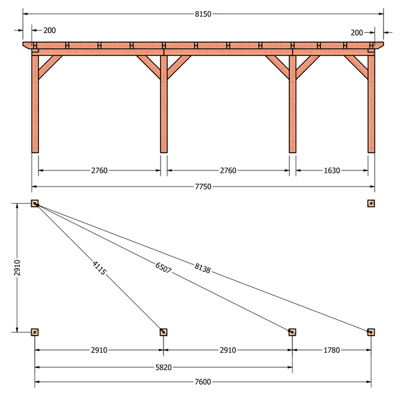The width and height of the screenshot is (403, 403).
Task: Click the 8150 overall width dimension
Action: [203, 14]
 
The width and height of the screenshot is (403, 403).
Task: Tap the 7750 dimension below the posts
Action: [203, 187]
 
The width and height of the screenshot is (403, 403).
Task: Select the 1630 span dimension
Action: [332, 170]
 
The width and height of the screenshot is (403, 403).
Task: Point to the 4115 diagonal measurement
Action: [99, 268]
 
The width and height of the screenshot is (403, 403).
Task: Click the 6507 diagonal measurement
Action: [163, 268]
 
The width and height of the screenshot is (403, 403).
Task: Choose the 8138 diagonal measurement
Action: [203, 268]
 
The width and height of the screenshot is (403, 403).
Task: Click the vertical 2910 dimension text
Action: [17, 268]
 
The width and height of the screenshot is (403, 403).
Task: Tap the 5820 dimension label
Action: [164, 367]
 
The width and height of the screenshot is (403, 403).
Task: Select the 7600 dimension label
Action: [203, 382]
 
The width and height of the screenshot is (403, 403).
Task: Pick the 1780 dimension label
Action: [332, 350]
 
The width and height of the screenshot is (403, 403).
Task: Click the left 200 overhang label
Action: [50, 31]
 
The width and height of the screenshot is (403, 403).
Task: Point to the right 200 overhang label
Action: [357, 33]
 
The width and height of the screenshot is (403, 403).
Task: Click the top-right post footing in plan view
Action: [371, 203]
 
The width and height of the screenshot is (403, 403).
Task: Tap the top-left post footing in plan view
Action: [35, 203]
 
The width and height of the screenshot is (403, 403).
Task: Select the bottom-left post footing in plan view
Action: [35, 332]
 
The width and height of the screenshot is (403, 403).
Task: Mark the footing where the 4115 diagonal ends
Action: [164, 332]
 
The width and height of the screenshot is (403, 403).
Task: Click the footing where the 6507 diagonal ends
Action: [292, 332]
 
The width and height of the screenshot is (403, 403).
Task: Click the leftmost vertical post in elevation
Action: [35, 104]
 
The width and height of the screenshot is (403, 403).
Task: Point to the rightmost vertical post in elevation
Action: [371, 104]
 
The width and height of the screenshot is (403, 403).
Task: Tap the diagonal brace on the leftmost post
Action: [50, 67]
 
